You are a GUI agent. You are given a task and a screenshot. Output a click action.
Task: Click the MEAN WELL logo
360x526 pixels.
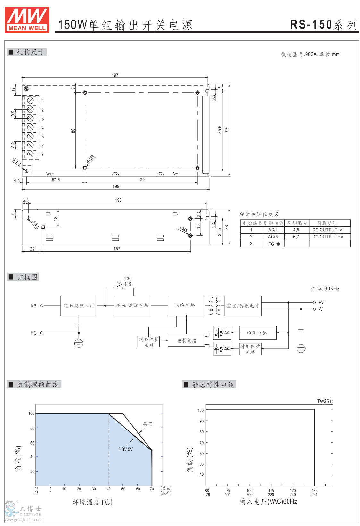tap(27, 20)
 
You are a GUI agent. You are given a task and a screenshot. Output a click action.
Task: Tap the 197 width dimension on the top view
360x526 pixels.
tap(115, 75)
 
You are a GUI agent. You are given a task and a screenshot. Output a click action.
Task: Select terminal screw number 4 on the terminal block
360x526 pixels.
tap(30, 128)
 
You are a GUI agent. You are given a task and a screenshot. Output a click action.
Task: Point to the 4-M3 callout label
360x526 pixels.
tap(90, 159)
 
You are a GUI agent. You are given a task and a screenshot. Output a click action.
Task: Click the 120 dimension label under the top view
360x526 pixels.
tap(141, 180)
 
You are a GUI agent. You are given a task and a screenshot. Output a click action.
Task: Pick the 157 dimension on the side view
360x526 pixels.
tap(117, 249)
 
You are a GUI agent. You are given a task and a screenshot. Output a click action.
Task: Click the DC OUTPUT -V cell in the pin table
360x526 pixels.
tap(327, 230)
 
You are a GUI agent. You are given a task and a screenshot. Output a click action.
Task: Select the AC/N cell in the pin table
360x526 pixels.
tap(273, 237)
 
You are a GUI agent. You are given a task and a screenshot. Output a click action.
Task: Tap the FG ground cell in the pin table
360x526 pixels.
tap(274, 244)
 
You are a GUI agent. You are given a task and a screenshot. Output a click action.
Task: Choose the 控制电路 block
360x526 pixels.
tap(187, 341)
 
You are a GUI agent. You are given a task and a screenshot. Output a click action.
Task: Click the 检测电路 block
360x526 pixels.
tap(257, 333)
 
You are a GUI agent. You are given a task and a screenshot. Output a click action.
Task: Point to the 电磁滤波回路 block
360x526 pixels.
tap(79, 305)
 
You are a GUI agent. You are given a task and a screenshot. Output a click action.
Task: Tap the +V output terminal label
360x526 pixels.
tap(321, 302)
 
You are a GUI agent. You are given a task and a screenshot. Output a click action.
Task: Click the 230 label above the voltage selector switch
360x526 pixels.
tap(128, 279)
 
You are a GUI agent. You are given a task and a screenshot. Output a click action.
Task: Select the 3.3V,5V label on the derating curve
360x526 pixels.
tap(125, 449)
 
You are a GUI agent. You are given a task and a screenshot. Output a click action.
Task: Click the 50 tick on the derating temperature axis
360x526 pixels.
tap(123, 489)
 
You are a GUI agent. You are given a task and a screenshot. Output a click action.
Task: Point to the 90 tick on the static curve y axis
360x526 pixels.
tap(201, 421)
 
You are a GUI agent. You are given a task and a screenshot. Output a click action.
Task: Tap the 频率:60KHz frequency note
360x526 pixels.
tap(325, 289)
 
